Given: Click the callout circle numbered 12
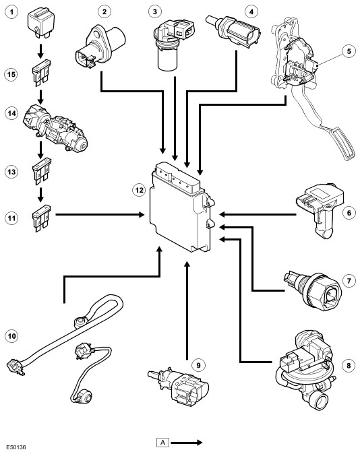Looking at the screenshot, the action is point(139,190).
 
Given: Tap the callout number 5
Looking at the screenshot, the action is point(349,51).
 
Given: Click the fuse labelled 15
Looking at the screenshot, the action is point(42,73).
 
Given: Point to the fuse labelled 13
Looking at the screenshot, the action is point(42,171).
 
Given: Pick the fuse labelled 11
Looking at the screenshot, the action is point(42,218).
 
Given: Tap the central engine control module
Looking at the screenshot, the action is point(182,207).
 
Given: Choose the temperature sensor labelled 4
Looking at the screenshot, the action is point(233,31).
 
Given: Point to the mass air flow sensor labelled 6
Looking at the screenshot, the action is point(319,210).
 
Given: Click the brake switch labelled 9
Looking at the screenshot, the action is point(178,385).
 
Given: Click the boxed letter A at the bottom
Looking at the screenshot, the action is point(162,442).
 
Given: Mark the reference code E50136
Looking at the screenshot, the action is point(16,447).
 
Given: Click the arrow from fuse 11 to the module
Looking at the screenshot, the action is point(100,215).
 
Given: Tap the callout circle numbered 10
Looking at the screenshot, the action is point(11,336).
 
